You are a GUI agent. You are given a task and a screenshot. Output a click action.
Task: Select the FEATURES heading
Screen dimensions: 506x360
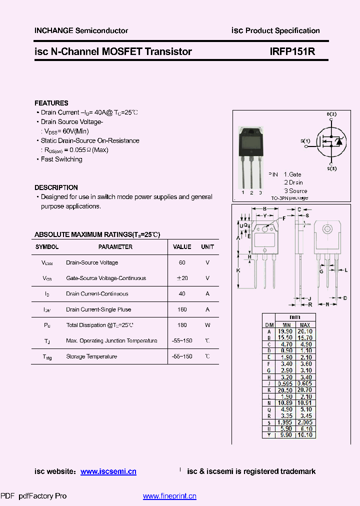[51, 103]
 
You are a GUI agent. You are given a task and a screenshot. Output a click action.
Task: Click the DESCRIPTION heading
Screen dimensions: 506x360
[56, 187]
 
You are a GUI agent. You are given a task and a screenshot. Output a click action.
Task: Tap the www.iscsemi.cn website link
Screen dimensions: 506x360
[108, 471]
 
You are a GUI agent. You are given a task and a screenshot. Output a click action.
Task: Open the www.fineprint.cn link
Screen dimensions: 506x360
[169, 496]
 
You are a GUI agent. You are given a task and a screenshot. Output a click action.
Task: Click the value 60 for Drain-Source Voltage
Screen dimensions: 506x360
[182, 262]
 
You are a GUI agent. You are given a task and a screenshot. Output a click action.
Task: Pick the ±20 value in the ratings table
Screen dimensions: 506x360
[182, 278]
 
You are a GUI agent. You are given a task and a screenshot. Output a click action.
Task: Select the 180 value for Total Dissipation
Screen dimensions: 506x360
[182, 325]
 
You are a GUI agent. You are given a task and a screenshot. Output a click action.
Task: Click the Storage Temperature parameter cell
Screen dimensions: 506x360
[91, 356]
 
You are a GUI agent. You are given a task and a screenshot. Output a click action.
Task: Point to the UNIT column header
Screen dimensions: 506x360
[207, 247]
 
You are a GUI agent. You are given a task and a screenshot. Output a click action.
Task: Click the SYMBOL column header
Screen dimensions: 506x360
[47, 247]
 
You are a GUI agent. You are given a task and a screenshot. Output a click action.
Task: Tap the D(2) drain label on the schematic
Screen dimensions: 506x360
[331, 114]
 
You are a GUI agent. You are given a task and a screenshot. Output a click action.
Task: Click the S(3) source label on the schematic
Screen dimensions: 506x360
[331, 169]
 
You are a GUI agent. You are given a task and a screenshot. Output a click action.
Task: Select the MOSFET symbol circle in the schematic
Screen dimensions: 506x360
[330, 141]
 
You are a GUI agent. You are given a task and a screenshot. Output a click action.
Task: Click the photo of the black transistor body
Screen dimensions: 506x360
[251, 141]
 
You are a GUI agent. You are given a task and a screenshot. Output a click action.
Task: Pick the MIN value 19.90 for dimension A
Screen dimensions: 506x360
[285, 331]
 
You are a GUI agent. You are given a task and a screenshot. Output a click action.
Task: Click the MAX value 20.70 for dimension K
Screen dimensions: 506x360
[305, 390]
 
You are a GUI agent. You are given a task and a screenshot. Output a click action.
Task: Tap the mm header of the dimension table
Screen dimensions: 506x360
[295, 317]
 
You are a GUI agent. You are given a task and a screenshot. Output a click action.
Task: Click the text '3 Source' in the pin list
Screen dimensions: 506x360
[295, 190]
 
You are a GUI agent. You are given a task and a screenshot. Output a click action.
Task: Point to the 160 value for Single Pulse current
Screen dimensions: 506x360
[182, 309]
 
